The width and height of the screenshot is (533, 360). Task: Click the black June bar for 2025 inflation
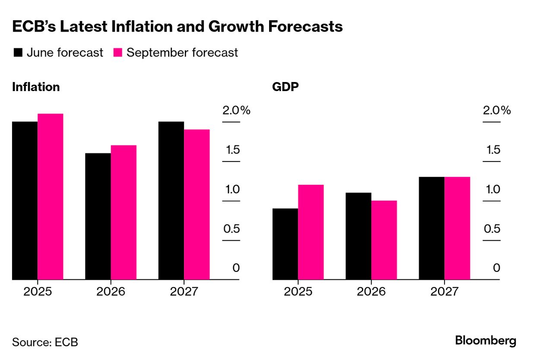[x=25, y=201]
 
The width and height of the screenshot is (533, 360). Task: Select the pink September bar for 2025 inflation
[x=51, y=197]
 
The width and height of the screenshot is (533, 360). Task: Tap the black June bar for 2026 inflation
[x=98, y=216]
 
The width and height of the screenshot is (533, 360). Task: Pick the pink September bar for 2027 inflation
[x=197, y=205]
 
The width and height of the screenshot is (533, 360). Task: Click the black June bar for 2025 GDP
[x=285, y=244]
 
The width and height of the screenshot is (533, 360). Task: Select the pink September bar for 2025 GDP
[x=311, y=232]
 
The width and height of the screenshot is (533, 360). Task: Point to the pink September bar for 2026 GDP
[x=384, y=240]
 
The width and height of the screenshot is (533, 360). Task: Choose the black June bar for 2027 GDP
[x=431, y=228]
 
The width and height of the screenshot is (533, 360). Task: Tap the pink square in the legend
[x=118, y=53]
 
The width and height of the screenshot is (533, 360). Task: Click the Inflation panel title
[x=36, y=87]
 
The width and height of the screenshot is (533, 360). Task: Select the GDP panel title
[x=286, y=87]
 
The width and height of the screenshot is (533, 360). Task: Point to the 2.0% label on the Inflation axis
[x=236, y=111]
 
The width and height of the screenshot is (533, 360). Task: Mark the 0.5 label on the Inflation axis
[x=232, y=228]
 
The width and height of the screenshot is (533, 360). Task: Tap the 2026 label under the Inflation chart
[x=111, y=291]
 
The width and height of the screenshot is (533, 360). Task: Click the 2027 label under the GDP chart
[x=444, y=291]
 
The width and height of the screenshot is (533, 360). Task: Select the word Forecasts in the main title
[x=305, y=27]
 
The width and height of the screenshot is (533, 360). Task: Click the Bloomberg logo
[x=485, y=341]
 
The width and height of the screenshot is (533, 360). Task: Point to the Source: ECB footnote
[x=45, y=342]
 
